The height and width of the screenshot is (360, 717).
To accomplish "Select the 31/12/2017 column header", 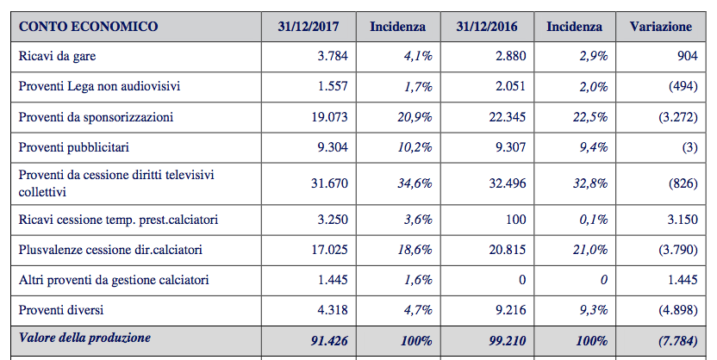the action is [309, 27].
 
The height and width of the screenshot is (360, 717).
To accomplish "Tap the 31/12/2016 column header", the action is [487, 27].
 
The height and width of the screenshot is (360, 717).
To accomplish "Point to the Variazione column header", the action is [661, 27].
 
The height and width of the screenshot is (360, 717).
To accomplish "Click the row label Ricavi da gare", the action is [57, 56].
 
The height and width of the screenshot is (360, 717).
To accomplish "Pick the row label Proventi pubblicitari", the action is [73, 147].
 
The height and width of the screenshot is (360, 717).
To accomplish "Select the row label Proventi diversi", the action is [61, 310].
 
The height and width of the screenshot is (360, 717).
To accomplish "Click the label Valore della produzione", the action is [84, 338].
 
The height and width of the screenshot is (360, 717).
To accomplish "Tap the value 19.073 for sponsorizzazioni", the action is [330, 117].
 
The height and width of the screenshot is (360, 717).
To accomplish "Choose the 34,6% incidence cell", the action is [415, 183].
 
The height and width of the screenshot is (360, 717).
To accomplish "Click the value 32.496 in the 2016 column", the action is [508, 183].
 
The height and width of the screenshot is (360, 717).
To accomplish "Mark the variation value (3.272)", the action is [678, 117].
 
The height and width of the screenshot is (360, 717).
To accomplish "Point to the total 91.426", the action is [329, 341].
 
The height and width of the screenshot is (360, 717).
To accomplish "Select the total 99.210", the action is [508, 341].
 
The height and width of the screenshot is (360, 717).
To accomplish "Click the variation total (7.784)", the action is [678, 341].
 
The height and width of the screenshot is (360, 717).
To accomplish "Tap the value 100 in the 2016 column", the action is [516, 220].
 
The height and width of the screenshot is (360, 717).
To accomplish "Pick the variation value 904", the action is [688, 56].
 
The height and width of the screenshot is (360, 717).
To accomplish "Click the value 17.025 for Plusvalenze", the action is [330, 250].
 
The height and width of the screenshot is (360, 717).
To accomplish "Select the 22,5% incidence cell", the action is [590, 117].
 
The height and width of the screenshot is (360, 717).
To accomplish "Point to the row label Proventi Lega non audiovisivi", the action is [99, 86].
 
